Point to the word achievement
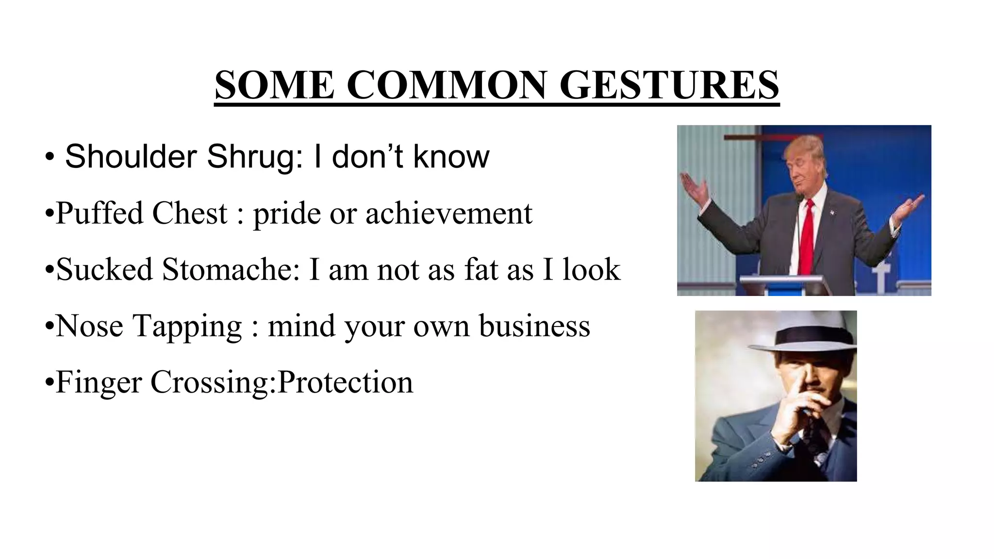[x=448, y=214]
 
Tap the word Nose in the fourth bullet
[x=89, y=326]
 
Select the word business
[x=534, y=326]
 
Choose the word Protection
[x=345, y=382]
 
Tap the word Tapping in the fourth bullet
[x=187, y=327]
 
